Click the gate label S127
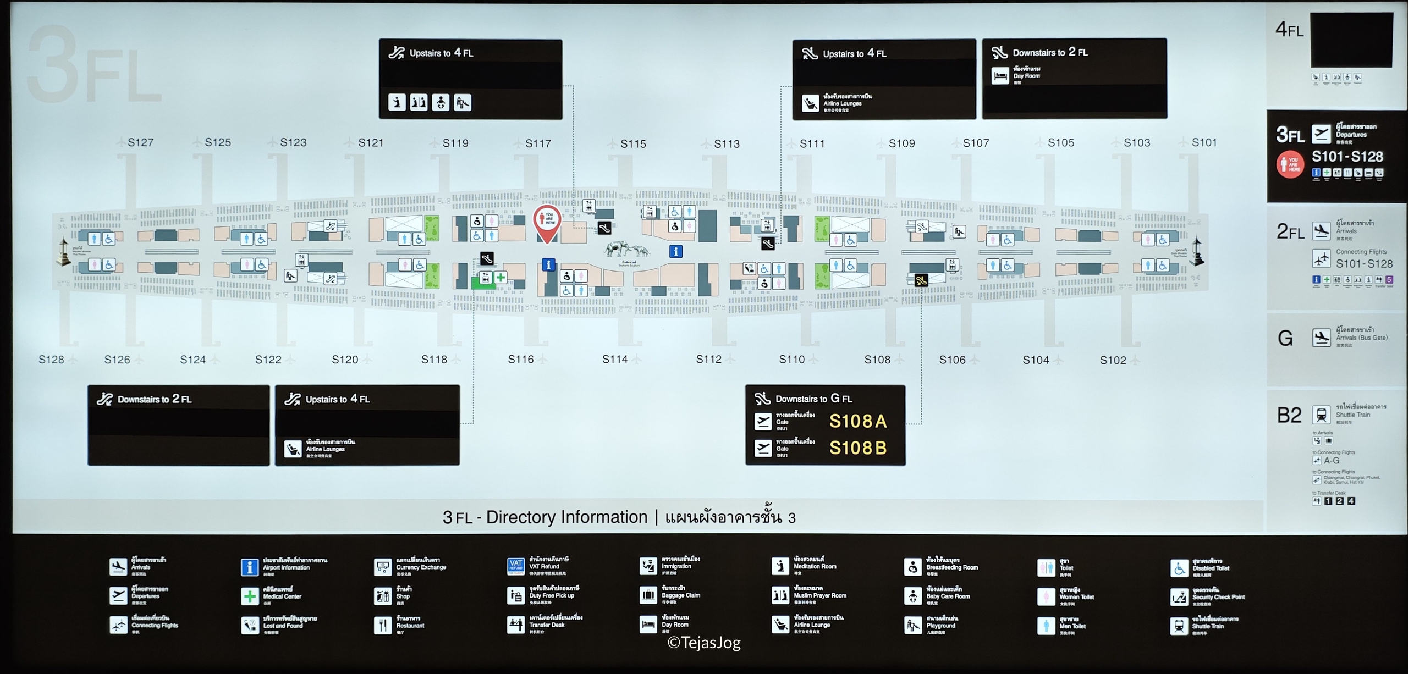click(x=140, y=142)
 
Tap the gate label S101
click(x=1204, y=142)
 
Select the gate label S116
click(x=520, y=360)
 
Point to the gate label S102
click(x=1113, y=360)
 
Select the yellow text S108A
click(x=857, y=421)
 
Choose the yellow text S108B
click(x=857, y=448)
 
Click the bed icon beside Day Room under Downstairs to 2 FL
click(x=1000, y=76)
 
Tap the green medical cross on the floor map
click(x=501, y=278)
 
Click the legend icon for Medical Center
click(x=250, y=596)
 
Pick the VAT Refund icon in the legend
click(x=515, y=566)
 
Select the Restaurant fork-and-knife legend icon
click(x=382, y=625)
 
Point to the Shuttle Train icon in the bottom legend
click(x=1179, y=626)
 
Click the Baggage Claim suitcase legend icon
click(x=648, y=595)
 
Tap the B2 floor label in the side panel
click(x=1289, y=416)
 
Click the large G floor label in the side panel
click(x=1285, y=338)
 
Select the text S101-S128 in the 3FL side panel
click(x=1347, y=157)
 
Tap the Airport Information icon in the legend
click(x=250, y=567)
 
